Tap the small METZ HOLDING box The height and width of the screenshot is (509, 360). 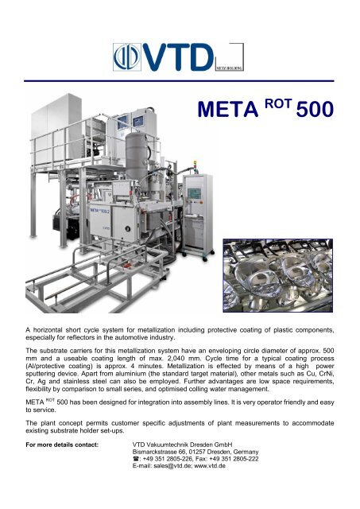pyautogui.click(x=230, y=64)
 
